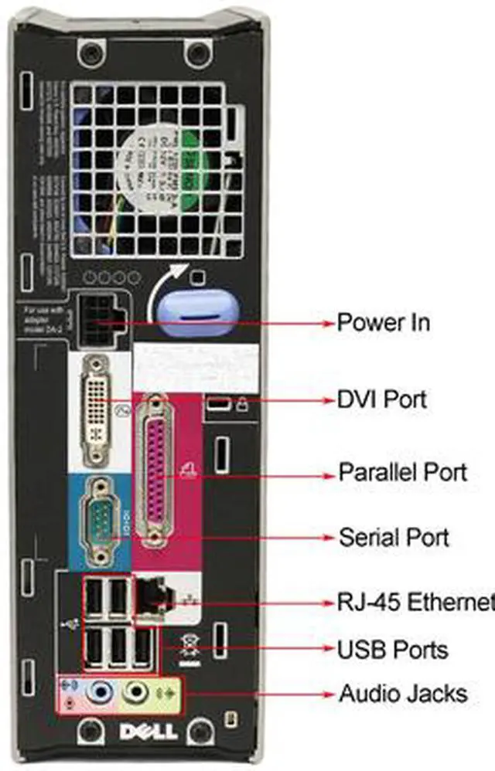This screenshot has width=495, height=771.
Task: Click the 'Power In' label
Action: click(x=383, y=321)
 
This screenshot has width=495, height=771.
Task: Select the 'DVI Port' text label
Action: click(x=381, y=399)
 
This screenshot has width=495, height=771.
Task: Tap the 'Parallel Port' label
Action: click(x=402, y=471)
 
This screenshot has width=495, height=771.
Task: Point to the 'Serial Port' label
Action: click(x=394, y=537)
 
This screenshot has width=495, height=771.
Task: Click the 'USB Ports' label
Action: click(x=392, y=649)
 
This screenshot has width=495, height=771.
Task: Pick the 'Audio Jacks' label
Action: click(x=402, y=693)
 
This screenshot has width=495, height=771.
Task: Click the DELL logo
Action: click(x=148, y=730)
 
